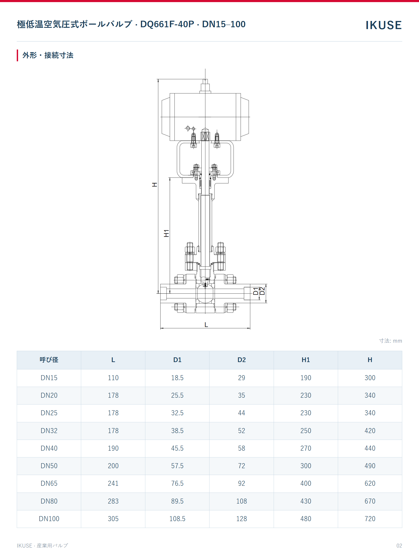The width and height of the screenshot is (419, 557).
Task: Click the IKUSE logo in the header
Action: pos(384,25)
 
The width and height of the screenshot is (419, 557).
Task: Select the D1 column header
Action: pos(177,360)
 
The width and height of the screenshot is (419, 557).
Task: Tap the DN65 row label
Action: pos(49,483)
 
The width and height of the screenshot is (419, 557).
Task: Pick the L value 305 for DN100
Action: pos(113,519)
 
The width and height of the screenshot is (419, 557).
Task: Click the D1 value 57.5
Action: pos(177,466)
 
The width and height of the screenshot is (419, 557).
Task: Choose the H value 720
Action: pos(370,519)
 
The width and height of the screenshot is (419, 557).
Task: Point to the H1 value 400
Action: pos(306,483)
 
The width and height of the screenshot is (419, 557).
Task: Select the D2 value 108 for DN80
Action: pos(241,501)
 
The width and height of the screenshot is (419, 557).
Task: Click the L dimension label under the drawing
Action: pos(206,325)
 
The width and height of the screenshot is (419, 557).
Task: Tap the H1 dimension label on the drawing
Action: pos(166,233)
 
